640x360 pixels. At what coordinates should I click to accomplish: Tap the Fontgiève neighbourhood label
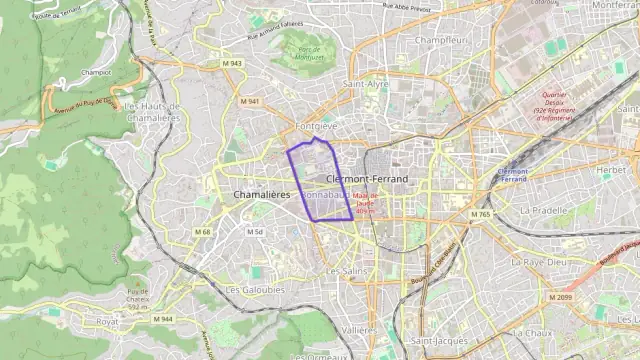(317, 127)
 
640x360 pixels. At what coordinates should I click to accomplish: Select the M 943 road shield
(231, 63)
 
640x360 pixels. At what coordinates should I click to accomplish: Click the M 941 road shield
(249, 101)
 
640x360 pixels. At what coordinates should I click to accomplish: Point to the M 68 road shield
(203, 232)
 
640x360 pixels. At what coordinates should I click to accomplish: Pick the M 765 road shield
(481, 214)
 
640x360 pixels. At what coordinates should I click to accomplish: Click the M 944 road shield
(162, 319)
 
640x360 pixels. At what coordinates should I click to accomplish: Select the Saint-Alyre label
(366, 85)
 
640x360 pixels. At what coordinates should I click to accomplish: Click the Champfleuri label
(441, 40)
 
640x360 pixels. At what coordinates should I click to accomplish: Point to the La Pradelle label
(544, 211)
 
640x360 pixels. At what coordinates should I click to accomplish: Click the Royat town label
(107, 322)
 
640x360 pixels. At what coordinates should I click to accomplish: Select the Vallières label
(359, 329)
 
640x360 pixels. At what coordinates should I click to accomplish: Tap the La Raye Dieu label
(539, 261)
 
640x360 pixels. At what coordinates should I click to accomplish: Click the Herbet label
(610, 170)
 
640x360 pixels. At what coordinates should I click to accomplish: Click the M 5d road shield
(255, 232)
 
